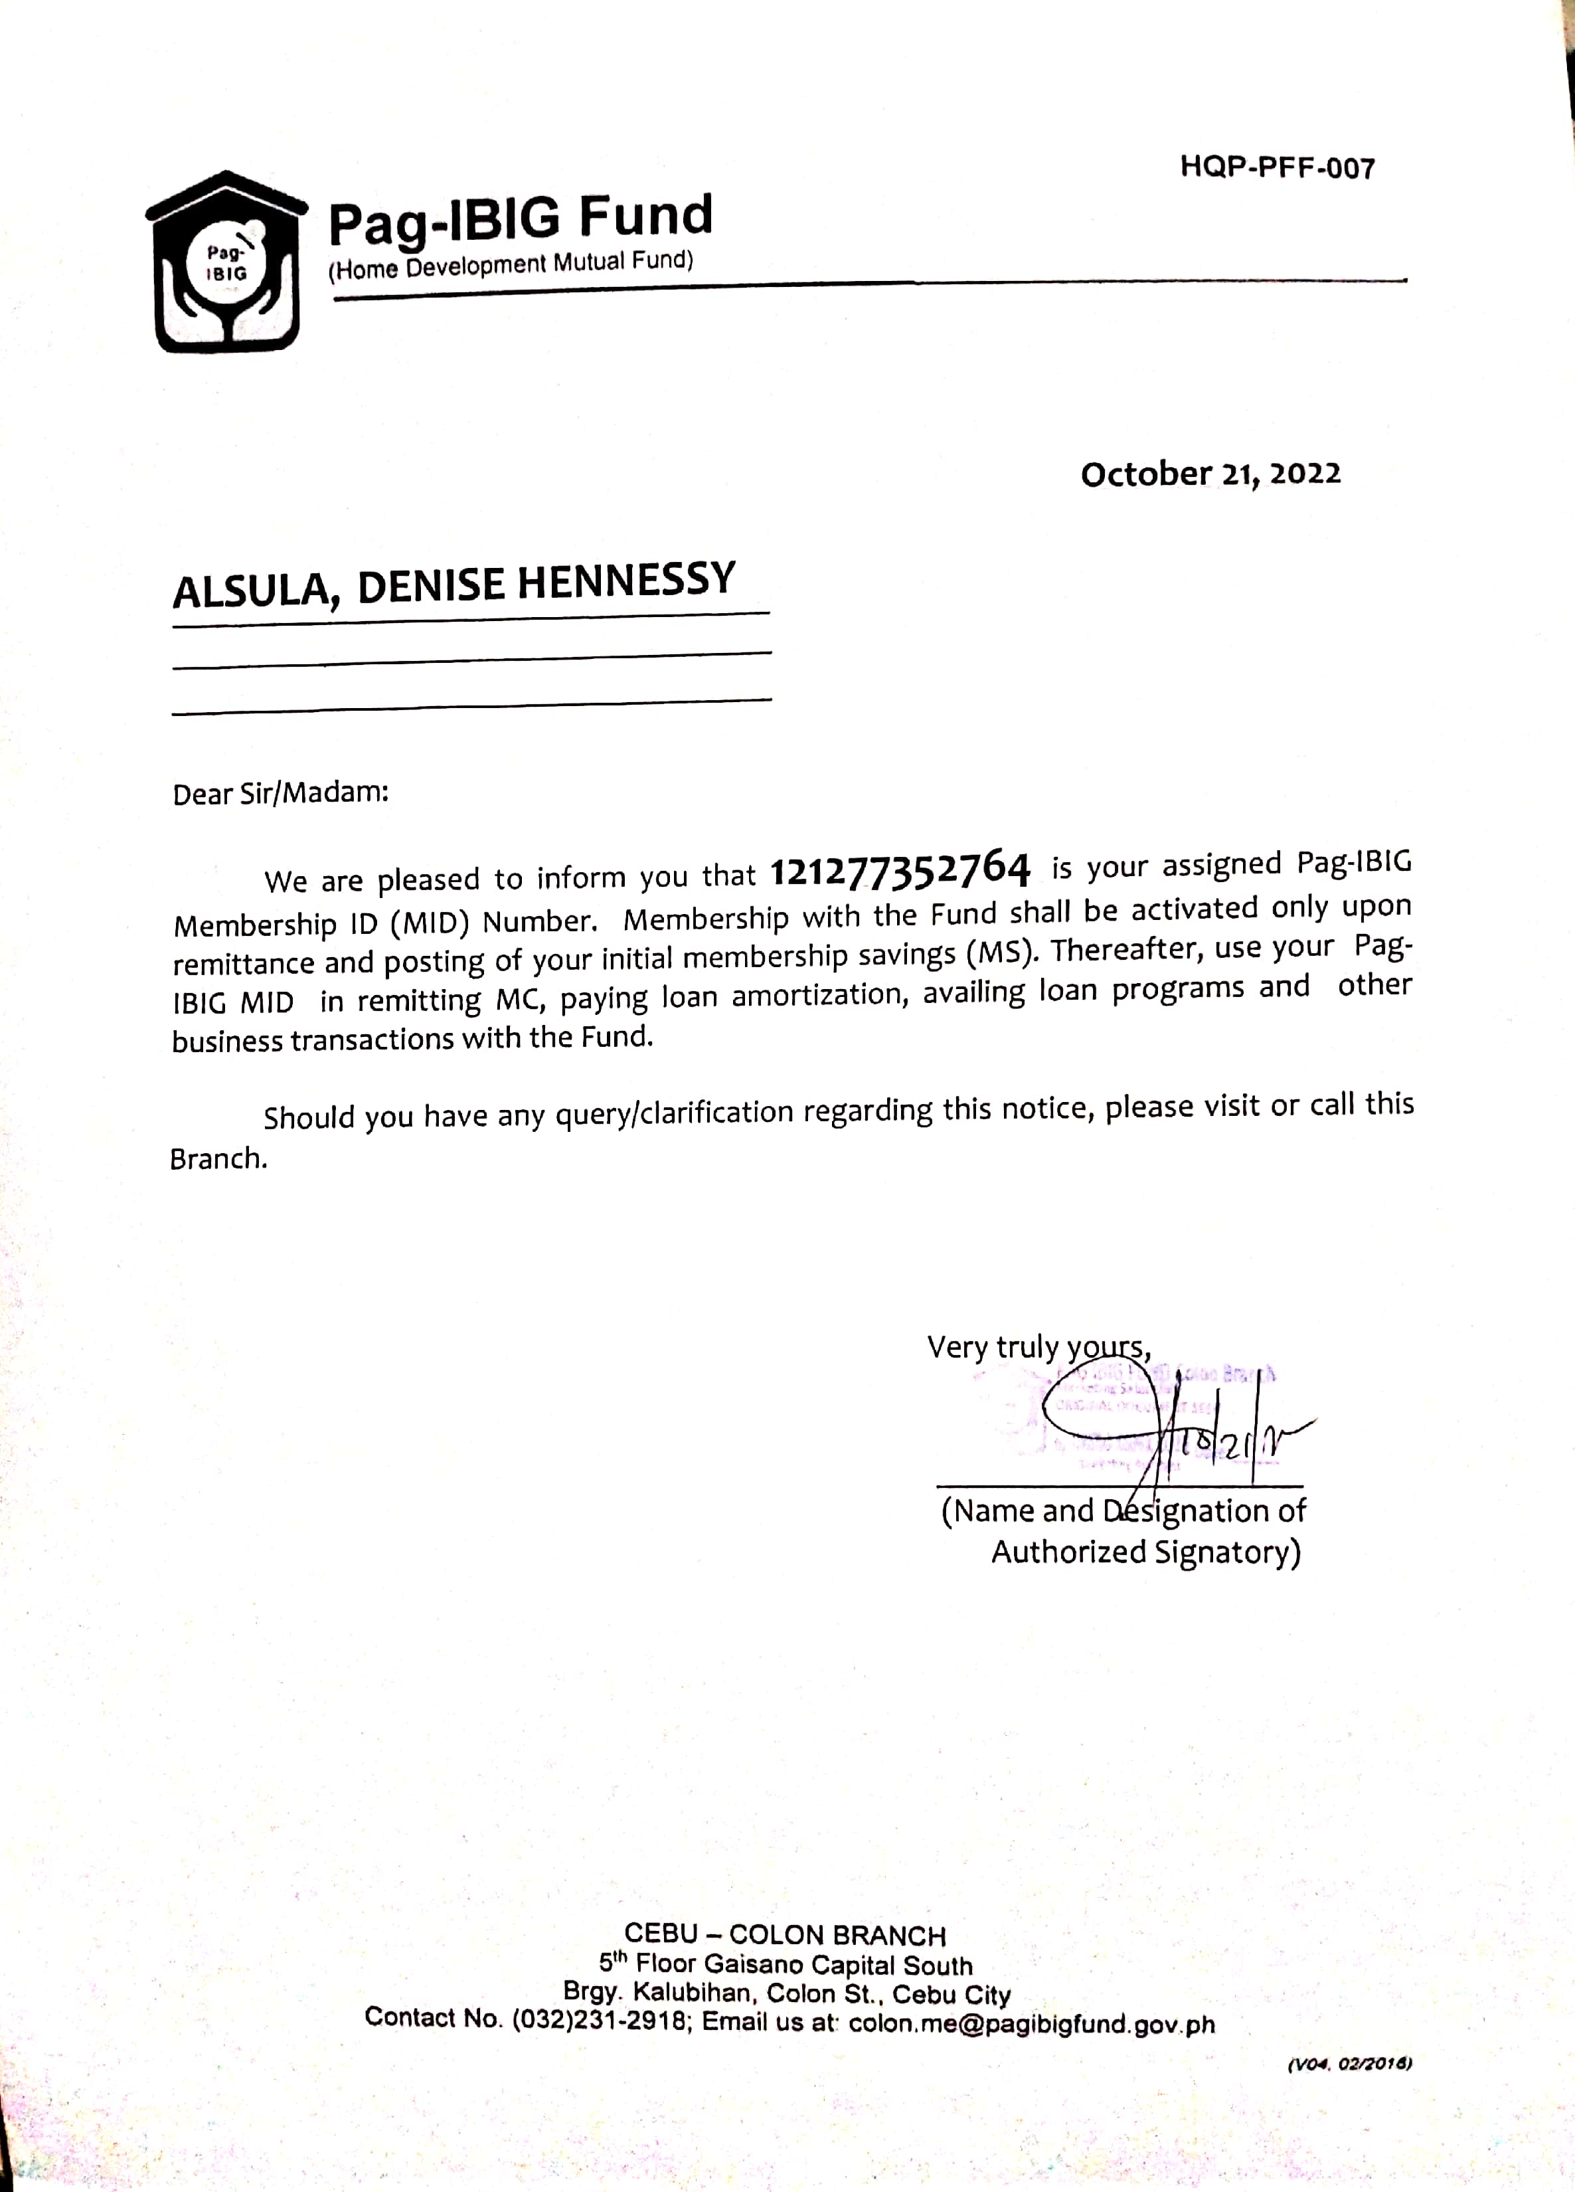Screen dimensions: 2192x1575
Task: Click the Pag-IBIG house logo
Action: pos(226,263)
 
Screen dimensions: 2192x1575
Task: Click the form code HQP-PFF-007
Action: pos(1276,168)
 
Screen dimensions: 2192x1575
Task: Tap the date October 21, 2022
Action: pos(1210,474)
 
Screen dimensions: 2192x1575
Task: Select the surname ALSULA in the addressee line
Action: pos(253,591)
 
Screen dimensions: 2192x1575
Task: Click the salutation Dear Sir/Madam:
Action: pos(280,794)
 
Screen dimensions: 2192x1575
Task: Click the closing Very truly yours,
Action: pos(1038,1346)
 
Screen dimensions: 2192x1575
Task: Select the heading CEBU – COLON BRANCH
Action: pos(785,1935)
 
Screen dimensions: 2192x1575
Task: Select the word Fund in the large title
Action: pos(645,215)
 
